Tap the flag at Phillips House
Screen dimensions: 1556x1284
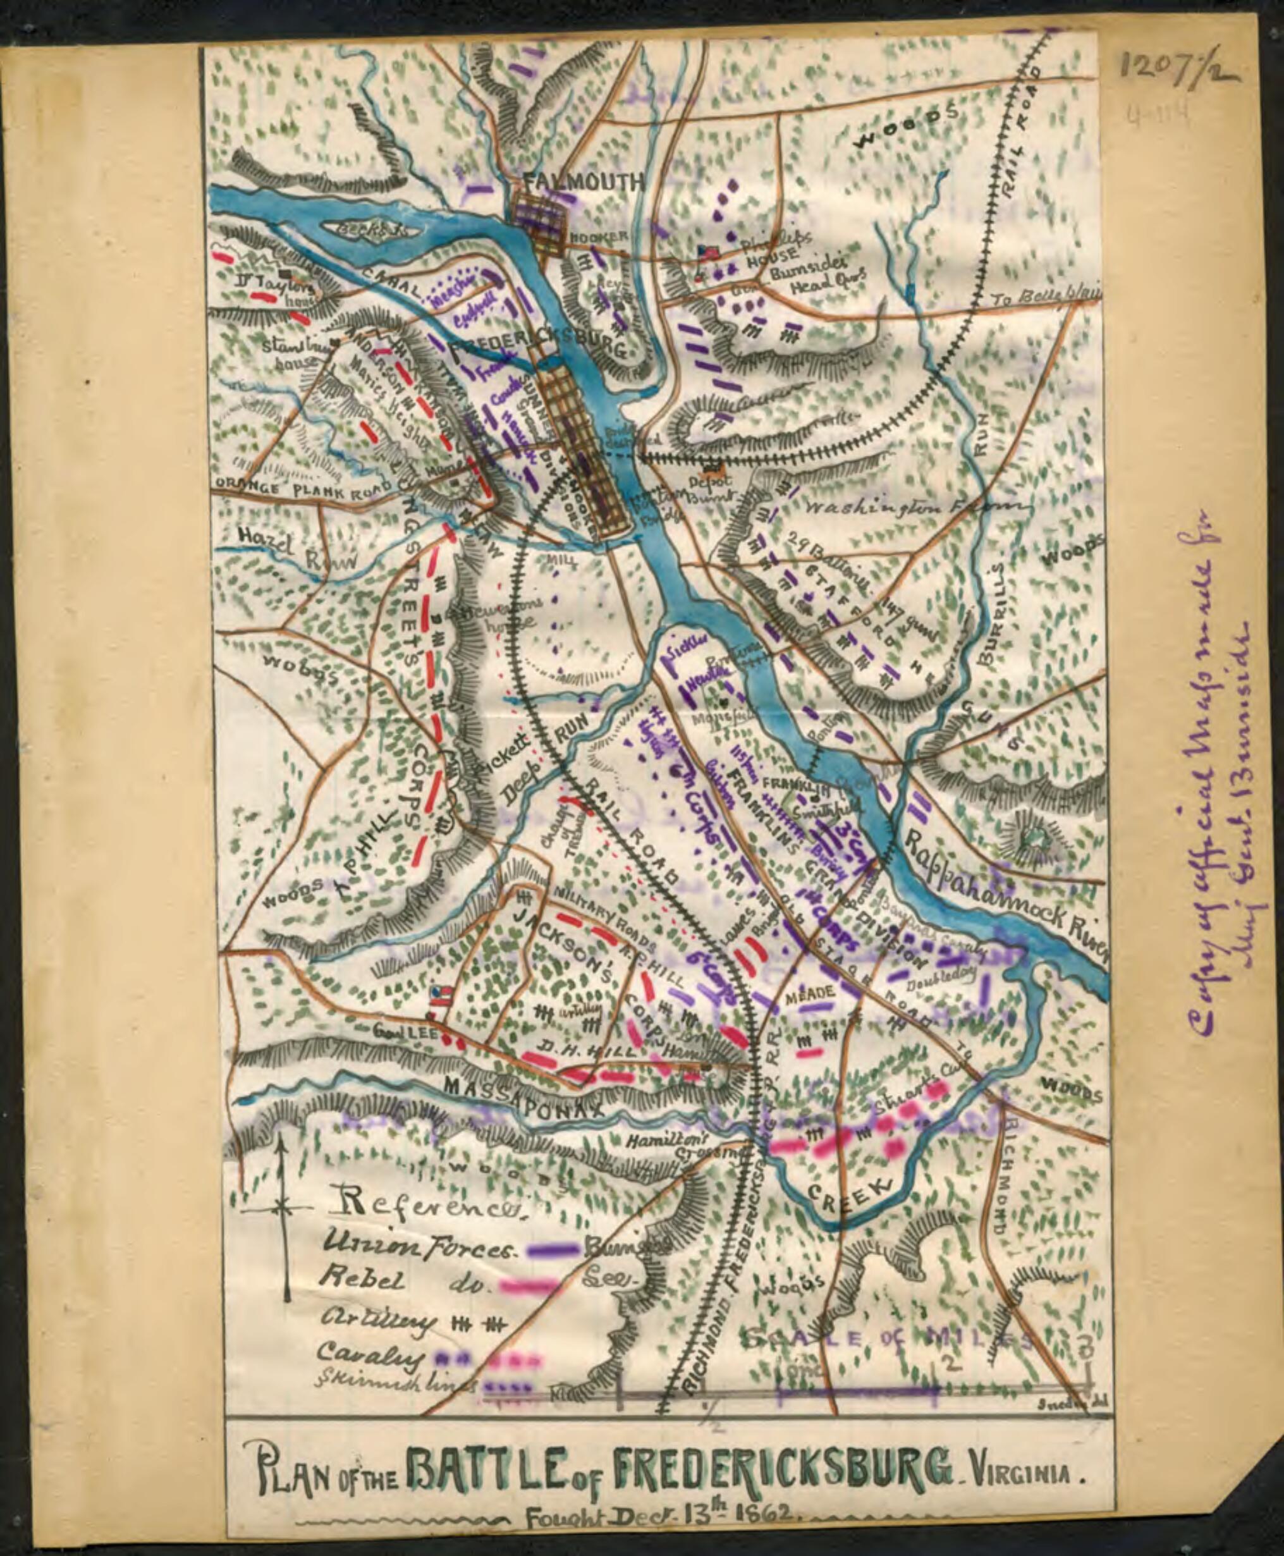(708, 252)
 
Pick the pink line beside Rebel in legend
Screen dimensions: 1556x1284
(526, 1286)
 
